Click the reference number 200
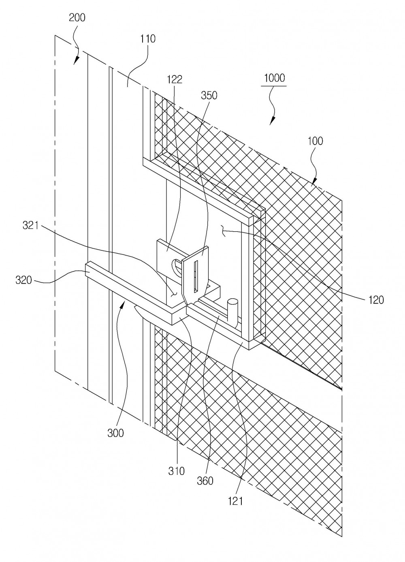coord(77,18)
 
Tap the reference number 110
coord(148,39)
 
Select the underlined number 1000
coord(275,78)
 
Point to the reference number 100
coord(315,141)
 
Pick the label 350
coord(209,96)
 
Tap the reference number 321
coord(30,226)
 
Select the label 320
coord(23,280)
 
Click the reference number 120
coord(376,300)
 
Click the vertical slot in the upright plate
coord(196,276)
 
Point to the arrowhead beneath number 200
coord(76,60)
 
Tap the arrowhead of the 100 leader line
coord(315,181)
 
